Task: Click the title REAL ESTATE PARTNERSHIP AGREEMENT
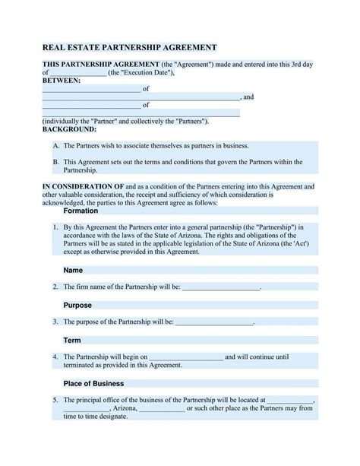(x=130, y=47)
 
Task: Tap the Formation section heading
(x=81, y=211)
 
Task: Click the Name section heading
(x=73, y=270)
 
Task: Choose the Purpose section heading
(x=77, y=305)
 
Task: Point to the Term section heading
(x=72, y=340)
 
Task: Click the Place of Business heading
(x=93, y=383)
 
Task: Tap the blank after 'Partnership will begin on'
(x=186, y=357)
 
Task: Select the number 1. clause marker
(x=55, y=227)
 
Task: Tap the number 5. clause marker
(x=55, y=399)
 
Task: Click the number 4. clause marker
(x=55, y=357)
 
